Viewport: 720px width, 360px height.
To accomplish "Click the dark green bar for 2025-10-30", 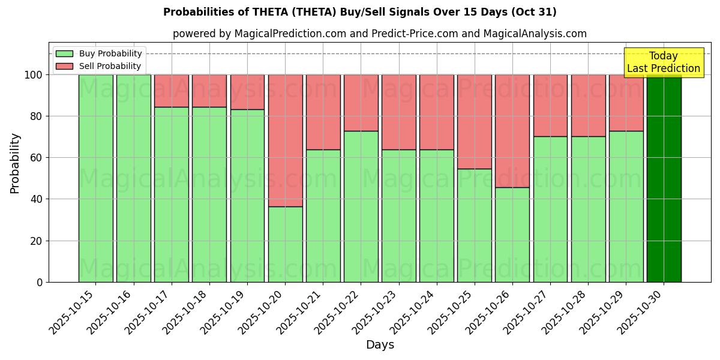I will click(664, 178).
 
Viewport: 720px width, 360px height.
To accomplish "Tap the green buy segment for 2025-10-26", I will click(512, 235).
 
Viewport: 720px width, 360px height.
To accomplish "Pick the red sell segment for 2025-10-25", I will click(475, 122).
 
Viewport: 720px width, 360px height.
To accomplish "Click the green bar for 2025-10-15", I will click(95, 178).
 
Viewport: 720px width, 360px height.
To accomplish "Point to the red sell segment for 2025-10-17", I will click(172, 91).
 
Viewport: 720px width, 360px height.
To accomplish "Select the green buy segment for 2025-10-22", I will click(361, 206).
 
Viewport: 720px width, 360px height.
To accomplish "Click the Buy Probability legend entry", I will click(98, 53).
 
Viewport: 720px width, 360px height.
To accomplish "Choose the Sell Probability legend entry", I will click(98, 66).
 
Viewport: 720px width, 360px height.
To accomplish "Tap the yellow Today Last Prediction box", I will click(663, 62).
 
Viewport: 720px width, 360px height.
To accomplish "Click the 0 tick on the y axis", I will click(40, 282).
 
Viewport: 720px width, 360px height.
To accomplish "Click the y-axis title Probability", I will click(15, 163).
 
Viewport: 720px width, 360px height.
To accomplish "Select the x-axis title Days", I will click(380, 345).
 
